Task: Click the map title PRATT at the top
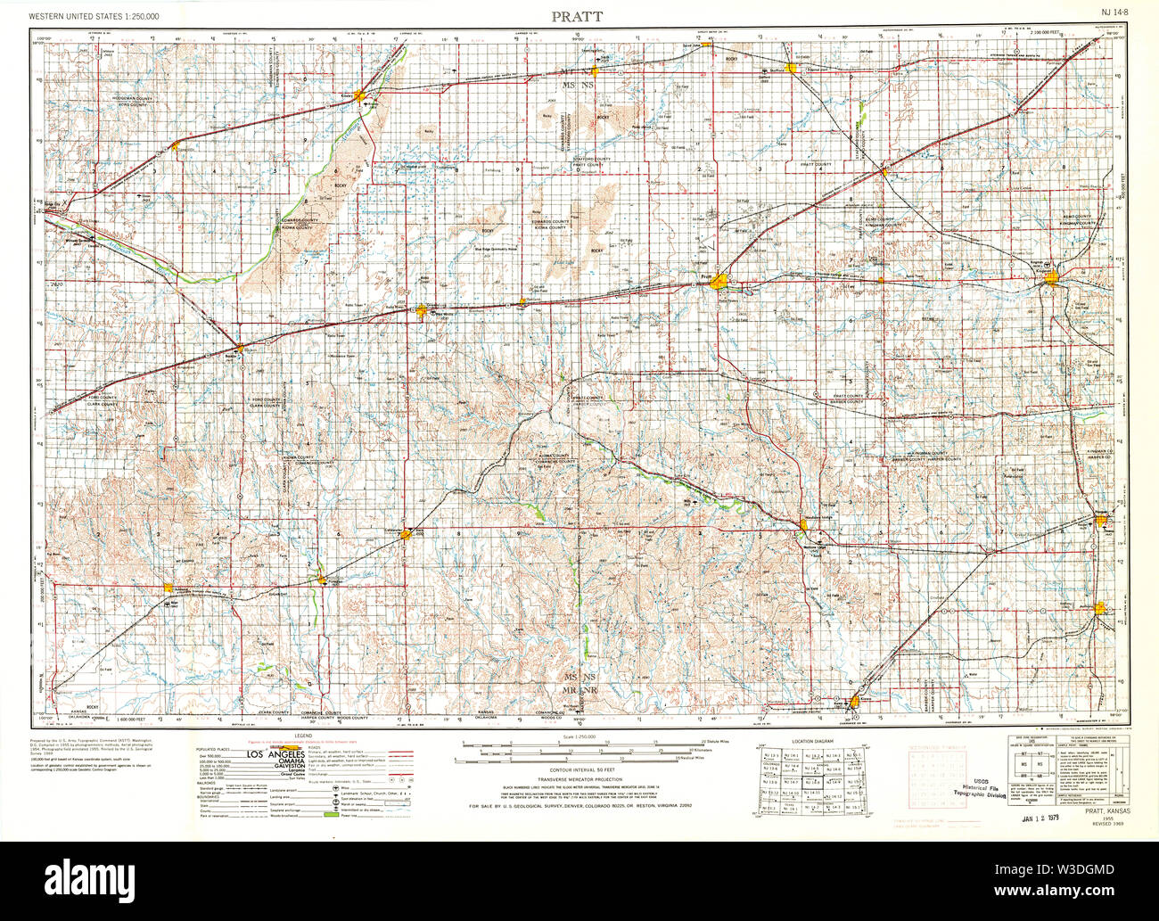point(576,16)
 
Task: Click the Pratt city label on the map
point(707,277)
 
